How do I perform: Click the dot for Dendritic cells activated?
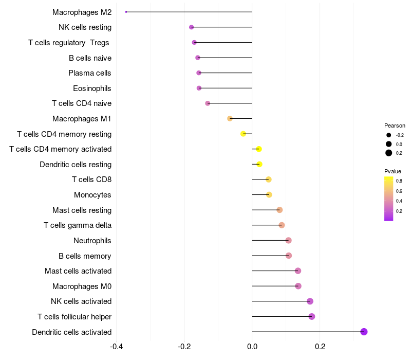(364, 332)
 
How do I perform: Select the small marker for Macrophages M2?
(126, 12)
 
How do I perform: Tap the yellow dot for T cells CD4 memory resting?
(243, 134)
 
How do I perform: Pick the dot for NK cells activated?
(310, 301)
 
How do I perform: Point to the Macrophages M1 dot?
(230, 119)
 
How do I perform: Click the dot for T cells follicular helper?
(311, 316)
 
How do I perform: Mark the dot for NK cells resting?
(192, 27)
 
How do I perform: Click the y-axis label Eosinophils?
(92, 88)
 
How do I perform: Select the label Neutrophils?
(92, 241)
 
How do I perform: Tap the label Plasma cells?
(90, 73)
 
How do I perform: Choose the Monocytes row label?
(92, 195)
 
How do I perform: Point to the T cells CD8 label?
(91, 179)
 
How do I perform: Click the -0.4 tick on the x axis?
(117, 346)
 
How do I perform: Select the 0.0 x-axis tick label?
(252, 346)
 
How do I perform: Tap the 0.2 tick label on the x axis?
(320, 346)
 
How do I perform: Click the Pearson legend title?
(395, 125)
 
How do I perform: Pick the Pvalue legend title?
(393, 171)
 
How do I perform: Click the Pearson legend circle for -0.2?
(389, 135)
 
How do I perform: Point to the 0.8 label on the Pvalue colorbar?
(399, 181)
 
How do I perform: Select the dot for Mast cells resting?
(279, 210)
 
